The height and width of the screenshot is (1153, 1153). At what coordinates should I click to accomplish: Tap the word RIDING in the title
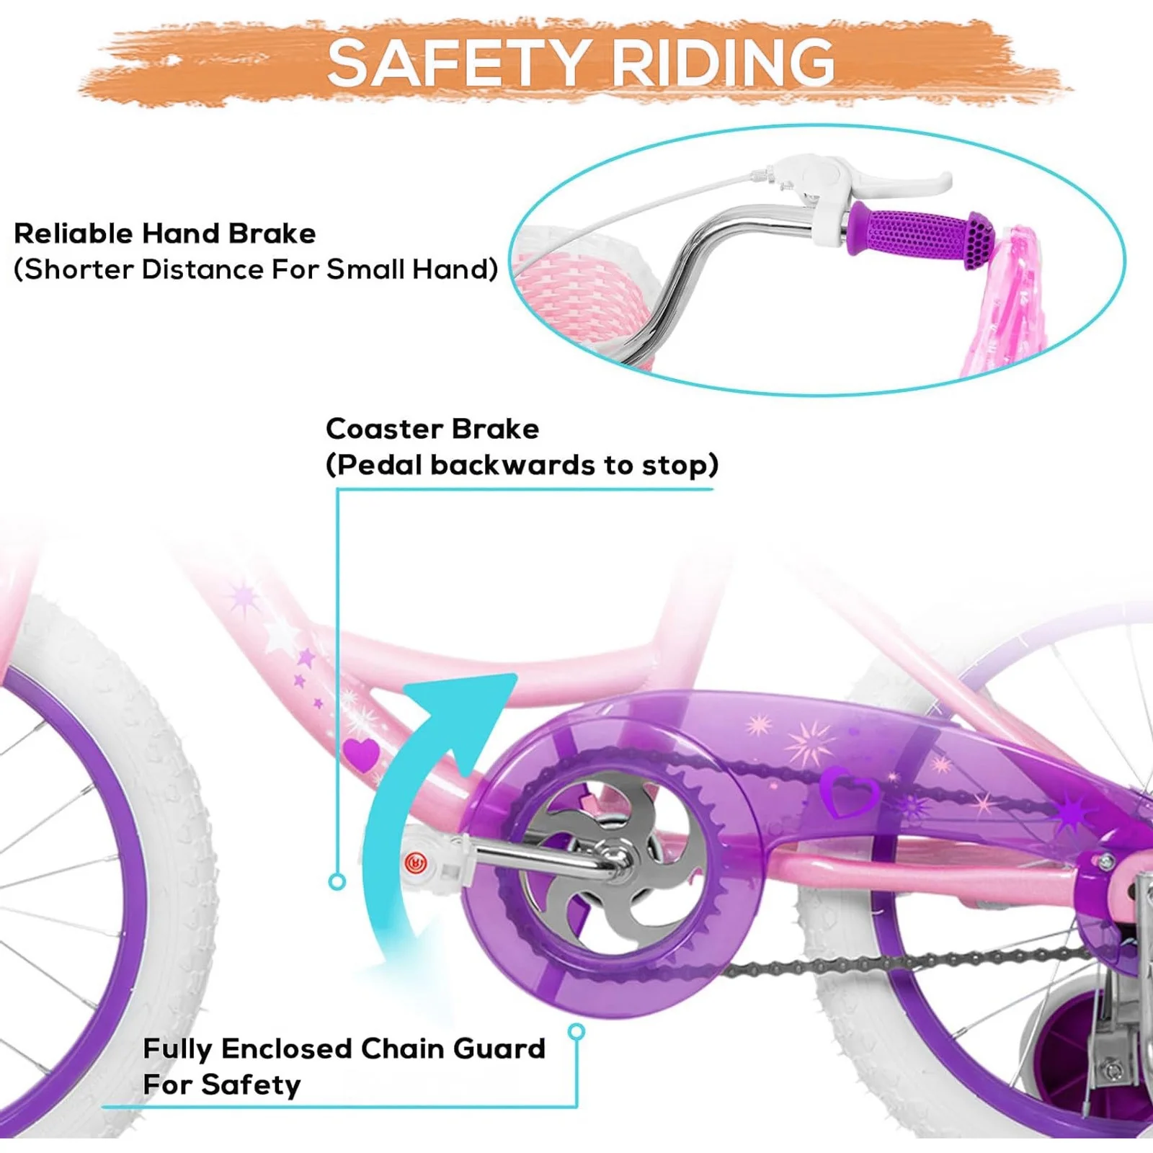pos(724,63)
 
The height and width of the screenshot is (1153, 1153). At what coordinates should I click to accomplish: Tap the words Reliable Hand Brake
pos(165,233)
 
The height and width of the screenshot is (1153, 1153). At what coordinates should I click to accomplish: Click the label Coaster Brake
pos(432,429)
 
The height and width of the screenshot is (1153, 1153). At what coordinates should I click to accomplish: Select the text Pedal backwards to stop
pos(522,465)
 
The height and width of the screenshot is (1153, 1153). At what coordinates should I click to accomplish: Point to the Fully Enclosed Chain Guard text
pos(344,1049)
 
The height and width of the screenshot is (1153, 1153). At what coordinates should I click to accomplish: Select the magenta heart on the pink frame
pos(360,754)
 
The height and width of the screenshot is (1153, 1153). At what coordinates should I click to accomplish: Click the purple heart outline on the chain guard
pos(850,793)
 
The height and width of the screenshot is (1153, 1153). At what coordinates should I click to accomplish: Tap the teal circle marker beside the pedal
pos(337,881)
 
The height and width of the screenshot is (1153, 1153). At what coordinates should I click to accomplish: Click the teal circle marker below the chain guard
pos(576,1032)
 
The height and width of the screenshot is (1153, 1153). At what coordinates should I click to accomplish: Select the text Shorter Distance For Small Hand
pos(256,270)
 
